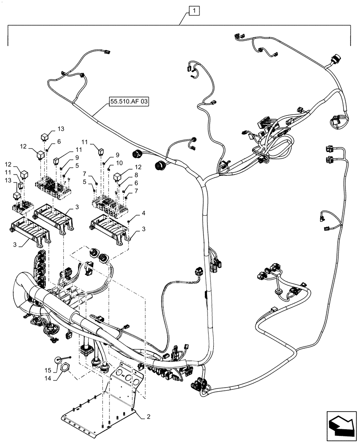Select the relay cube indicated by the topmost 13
(45, 136)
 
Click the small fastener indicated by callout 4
(128, 220)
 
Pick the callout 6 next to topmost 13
(59, 141)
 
